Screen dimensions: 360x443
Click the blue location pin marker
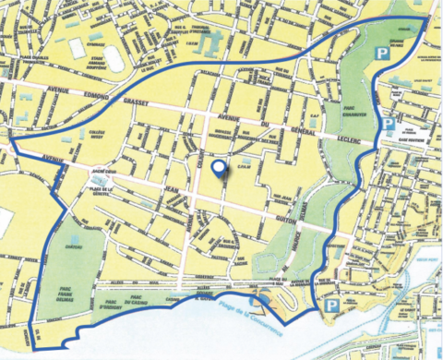click(218, 169)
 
